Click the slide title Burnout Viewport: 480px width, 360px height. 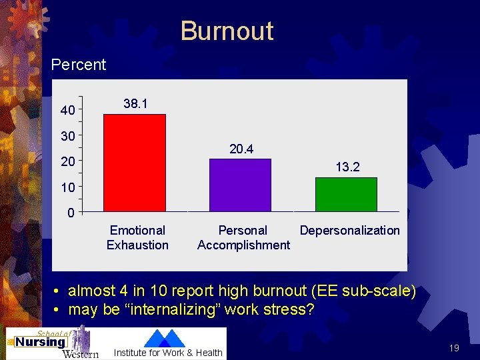pos(227,31)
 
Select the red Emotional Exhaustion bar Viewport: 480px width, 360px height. pos(134,163)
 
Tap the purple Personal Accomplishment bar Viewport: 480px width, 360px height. pos(240,185)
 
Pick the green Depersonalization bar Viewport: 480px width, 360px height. pos(345,195)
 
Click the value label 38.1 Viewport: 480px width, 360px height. pos(135,104)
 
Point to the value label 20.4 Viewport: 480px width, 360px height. pos(241,149)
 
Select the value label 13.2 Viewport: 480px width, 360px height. pos(347,167)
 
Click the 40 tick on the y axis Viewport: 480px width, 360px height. pos(67,111)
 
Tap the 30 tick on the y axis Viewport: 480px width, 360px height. pos(67,136)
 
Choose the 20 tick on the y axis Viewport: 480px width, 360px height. pos(67,162)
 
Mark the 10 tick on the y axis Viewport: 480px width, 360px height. pos(67,187)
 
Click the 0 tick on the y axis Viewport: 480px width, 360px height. pos(70,213)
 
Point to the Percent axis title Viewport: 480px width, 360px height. pos(79,65)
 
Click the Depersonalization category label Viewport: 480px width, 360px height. pos(349,231)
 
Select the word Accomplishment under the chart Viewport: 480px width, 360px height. pos(243,245)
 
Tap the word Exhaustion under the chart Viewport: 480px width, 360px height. pos(137,245)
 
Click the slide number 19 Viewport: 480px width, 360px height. pos(454,348)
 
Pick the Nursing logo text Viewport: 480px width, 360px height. pos(41,342)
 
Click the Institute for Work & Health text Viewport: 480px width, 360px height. pos(168,353)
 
